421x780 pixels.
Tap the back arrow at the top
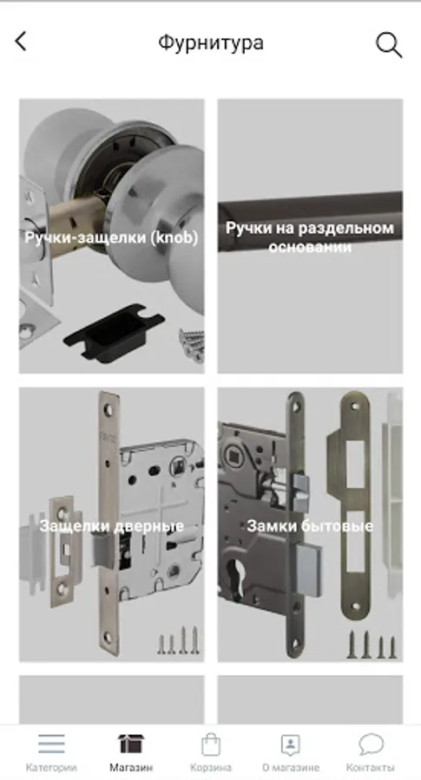pos(21,42)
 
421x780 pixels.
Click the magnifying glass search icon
pos(389,45)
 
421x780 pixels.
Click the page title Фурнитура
pos(211,42)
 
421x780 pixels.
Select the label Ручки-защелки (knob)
pos(112,237)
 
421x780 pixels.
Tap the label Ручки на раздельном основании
pos(310,237)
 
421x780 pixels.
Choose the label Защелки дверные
pos(112,526)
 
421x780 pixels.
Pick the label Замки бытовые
pos(310,526)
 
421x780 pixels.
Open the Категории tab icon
pos(51,744)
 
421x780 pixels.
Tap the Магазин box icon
pos(131,744)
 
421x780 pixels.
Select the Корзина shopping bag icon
pos(211,744)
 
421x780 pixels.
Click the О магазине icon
pos(291,744)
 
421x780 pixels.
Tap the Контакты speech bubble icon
pos(371,744)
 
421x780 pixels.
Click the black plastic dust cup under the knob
pos(113,332)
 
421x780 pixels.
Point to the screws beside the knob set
pos(192,344)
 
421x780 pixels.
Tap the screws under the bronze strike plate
pos(372,644)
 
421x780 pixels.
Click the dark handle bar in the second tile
pos(310,222)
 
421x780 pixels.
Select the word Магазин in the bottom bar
pos(131,767)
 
